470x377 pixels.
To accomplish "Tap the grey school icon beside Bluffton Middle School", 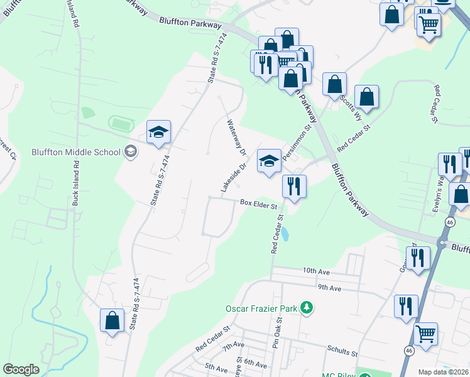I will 131,151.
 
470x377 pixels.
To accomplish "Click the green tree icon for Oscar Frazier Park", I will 307,307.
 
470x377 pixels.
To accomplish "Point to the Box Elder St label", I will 258,204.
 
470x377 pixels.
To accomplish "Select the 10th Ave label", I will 315,270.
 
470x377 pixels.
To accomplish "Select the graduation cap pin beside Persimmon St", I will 269,161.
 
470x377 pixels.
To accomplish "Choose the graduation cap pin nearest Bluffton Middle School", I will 158,132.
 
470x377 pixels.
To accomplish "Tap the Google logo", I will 21,369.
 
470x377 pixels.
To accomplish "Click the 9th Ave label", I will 329,288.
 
